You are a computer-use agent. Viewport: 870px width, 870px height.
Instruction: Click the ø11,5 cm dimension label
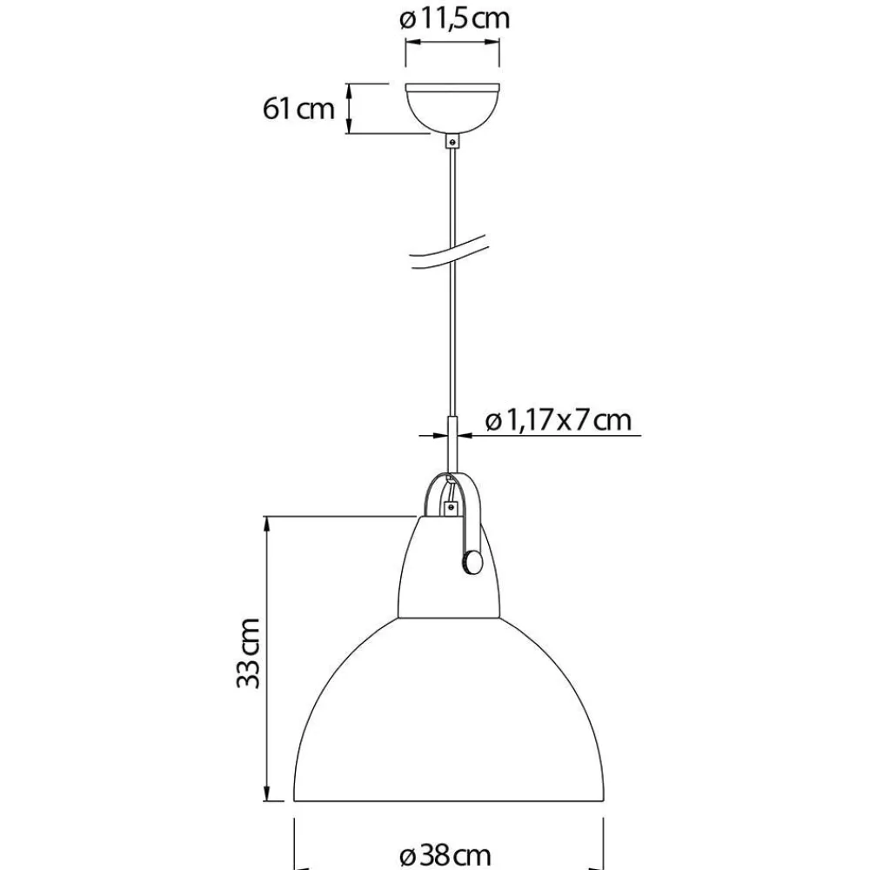[x=454, y=18]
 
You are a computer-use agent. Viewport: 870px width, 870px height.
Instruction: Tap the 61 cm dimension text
[x=298, y=108]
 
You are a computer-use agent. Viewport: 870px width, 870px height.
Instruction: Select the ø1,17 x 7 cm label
[x=559, y=420]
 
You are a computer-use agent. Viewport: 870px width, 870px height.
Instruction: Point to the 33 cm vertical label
[x=248, y=653]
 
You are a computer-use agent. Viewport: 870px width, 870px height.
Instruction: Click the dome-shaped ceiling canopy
[x=452, y=108]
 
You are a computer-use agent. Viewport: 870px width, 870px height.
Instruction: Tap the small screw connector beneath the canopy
[x=452, y=141]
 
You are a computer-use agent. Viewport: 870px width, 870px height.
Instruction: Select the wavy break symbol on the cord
[x=448, y=254]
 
